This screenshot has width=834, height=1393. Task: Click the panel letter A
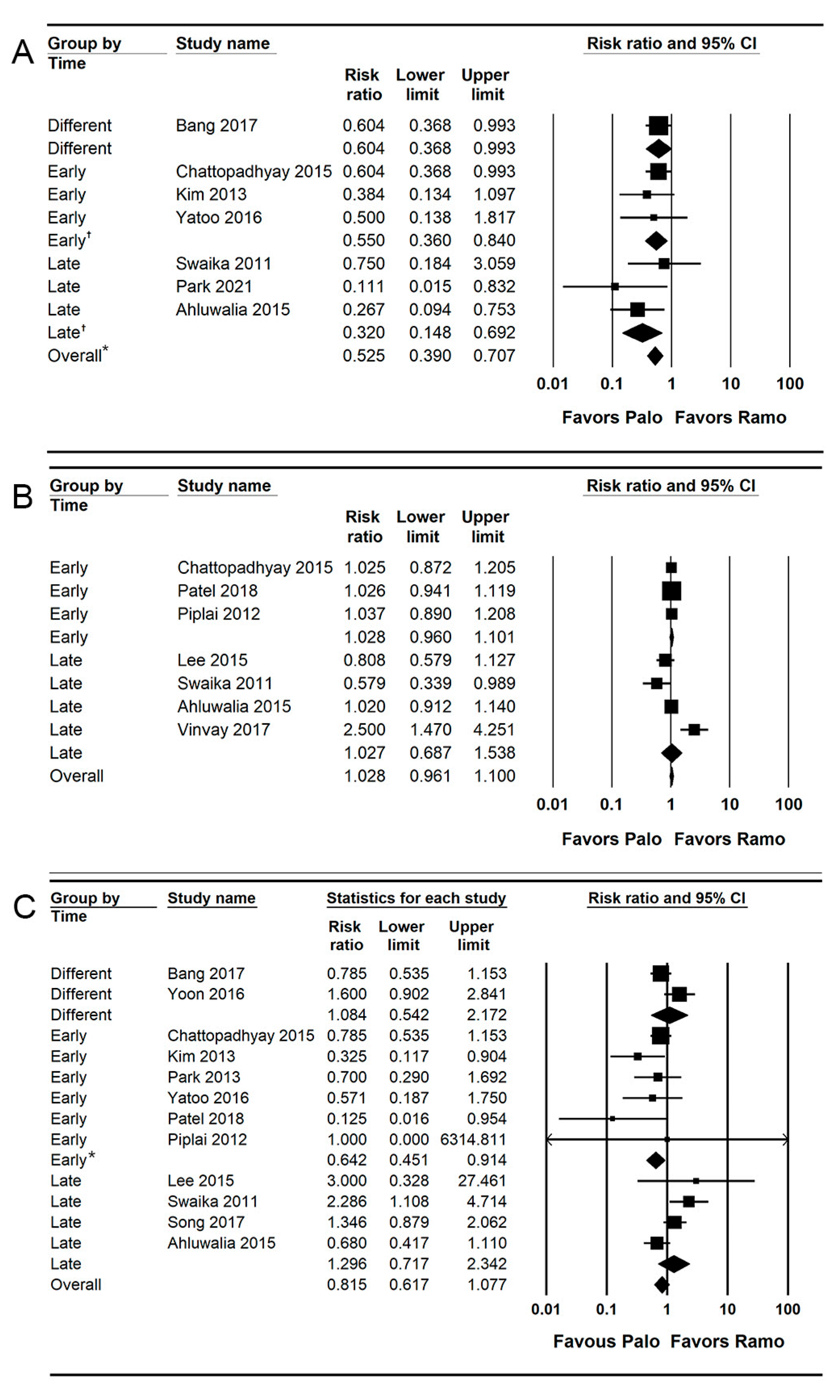click(23, 52)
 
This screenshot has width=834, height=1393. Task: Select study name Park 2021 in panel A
click(214, 287)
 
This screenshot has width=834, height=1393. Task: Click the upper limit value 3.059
click(494, 264)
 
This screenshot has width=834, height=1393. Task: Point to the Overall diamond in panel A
click(655, 356)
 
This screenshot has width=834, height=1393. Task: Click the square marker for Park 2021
click(615, 287)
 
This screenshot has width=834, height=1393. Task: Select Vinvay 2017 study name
click(224, 730)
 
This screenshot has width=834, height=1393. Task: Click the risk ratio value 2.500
click(364, 730)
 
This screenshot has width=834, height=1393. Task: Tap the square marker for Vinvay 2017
click(694, 730)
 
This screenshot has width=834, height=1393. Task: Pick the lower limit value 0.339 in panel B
click(430, 683)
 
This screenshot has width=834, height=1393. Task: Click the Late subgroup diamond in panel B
click(671, 753)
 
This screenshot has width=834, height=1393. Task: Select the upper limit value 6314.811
click(473, 1140)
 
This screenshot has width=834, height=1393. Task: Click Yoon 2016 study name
click(206, 994)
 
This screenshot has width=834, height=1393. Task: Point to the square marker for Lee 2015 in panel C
click(696, 1180)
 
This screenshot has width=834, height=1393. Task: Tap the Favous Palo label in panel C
click(606, 1341)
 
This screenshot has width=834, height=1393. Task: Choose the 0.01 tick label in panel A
click(552, 384)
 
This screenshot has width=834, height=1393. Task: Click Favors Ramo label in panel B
click(730, 839)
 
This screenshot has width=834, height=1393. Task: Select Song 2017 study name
click(206, 1222)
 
